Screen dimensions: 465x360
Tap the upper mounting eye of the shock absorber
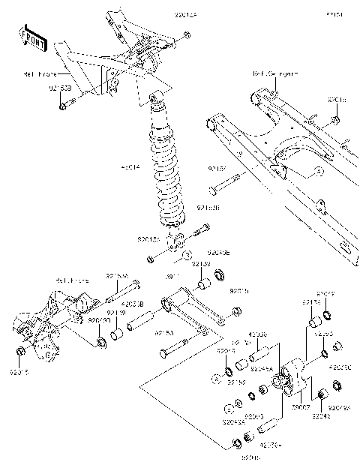tap(155, 97)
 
